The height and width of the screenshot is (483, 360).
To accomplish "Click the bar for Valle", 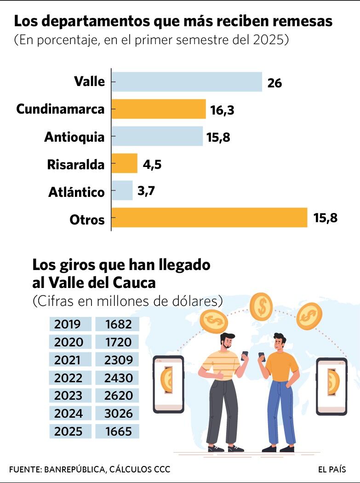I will tap(187, 82).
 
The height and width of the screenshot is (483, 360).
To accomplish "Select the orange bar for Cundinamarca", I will tap(159, 109).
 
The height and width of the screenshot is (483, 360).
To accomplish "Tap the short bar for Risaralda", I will tap(125, 163).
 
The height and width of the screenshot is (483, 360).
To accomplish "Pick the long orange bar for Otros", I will tap(209, 218).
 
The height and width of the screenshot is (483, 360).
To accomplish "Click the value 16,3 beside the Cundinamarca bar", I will tap(223, 110).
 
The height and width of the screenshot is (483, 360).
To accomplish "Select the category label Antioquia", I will tap(74, 137).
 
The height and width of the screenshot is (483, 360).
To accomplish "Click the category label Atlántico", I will tap(76, 192).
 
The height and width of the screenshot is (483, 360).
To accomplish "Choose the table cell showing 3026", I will tap(117, 414).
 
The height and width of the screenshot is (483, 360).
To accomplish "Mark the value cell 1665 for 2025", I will tap(117, 431).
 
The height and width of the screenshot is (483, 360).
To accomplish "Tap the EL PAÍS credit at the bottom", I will tap(331, 470).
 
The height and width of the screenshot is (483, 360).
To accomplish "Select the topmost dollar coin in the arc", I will tap(261, 306).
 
